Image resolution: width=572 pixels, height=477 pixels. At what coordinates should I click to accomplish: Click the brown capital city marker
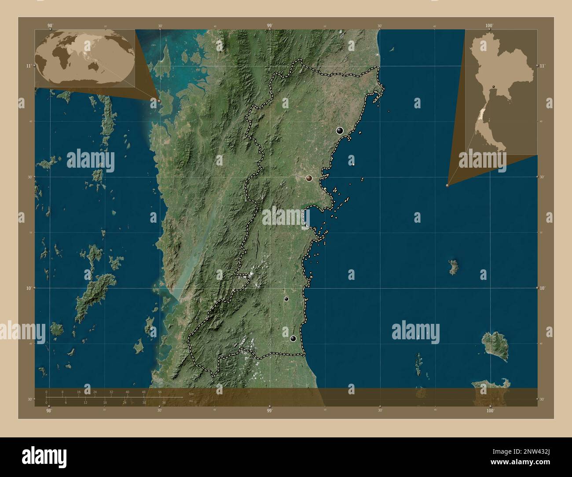[309, 178]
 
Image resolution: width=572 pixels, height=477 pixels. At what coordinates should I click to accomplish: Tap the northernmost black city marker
[339, 130]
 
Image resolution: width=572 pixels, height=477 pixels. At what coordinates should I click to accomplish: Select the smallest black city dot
[286, 299]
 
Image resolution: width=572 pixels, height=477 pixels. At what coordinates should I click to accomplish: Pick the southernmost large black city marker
[293, 338]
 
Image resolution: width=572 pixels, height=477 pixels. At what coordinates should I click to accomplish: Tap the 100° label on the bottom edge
[490, 410]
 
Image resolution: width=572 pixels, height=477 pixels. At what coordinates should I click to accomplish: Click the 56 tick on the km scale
[160, 392]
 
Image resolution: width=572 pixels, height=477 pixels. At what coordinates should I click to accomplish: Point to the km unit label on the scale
[191, 393]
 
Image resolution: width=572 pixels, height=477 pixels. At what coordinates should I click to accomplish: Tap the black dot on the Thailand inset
[494, 86]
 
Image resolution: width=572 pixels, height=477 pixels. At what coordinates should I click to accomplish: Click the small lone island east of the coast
[453, 267]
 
